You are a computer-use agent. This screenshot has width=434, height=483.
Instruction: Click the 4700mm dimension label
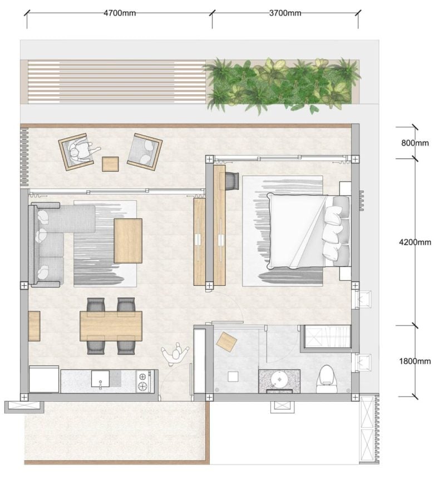[119, 13]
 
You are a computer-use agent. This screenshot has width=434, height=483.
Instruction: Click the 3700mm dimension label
[285, 13]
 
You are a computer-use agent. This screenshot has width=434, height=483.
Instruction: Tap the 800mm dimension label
[415, 143]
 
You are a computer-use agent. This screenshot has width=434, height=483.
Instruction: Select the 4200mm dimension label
[415, 242]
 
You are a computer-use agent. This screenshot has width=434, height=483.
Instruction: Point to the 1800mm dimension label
[415, 361]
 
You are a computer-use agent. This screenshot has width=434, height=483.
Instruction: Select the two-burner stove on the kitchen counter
[144, 382]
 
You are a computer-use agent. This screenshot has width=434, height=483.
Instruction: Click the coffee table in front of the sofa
[128, 241]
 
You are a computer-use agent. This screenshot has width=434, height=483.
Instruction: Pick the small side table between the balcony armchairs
[110, 164]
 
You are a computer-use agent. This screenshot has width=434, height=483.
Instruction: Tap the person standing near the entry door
[175, 355]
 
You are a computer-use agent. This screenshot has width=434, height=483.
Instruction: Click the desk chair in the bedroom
[232, 181]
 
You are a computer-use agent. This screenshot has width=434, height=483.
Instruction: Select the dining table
[111, 326]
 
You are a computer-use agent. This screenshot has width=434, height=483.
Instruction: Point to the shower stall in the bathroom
[327, 336]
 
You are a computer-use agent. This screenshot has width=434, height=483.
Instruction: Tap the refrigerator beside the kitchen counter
[44, 379]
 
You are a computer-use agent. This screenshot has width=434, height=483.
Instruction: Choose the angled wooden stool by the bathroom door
[226, 341]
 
